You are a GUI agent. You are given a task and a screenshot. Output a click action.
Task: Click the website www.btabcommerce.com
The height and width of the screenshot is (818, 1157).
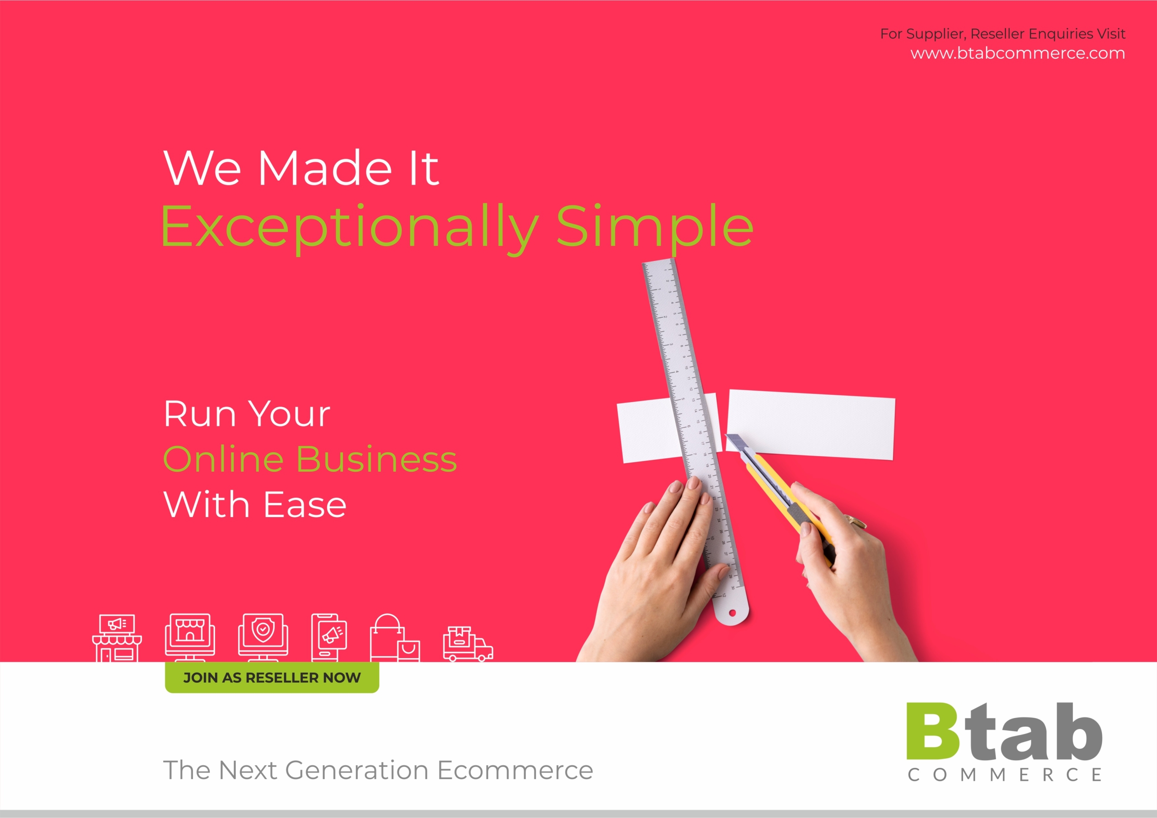click(1017, 53)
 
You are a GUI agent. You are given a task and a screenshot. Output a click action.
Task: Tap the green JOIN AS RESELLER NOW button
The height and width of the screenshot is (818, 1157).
click(272, 678)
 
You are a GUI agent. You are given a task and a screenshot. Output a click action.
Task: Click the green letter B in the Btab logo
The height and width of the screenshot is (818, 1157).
click(933, 731)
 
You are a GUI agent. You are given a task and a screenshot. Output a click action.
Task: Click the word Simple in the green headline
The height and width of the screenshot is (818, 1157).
click(654, 227)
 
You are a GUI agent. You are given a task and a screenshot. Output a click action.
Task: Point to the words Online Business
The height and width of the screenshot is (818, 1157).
click(310, 459)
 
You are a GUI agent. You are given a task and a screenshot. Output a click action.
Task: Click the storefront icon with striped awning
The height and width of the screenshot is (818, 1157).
click(117, 638)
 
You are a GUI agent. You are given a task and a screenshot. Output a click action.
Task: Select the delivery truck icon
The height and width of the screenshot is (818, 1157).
click(468, 644)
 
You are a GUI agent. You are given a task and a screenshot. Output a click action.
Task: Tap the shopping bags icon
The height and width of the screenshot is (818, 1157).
click(395, 638)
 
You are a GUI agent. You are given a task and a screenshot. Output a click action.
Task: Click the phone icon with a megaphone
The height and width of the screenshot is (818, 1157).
click(329, 638)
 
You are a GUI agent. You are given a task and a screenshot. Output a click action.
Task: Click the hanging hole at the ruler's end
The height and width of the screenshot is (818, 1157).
click(733, 612)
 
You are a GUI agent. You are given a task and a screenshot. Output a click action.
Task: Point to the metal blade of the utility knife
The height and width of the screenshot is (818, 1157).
click(736, 442)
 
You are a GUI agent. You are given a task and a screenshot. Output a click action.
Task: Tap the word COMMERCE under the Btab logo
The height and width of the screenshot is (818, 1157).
click(1005, 775)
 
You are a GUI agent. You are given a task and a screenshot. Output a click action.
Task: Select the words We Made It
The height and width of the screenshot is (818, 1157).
click(301, 167)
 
